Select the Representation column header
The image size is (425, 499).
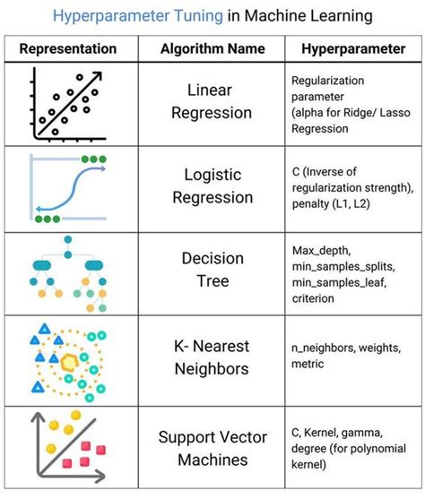pyautogui.click(x=68, y=48)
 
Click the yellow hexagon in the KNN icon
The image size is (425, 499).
pyautogui.click(x=70, y=357)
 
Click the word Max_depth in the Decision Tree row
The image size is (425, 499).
pyautogui.click(x=321, y=248)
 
